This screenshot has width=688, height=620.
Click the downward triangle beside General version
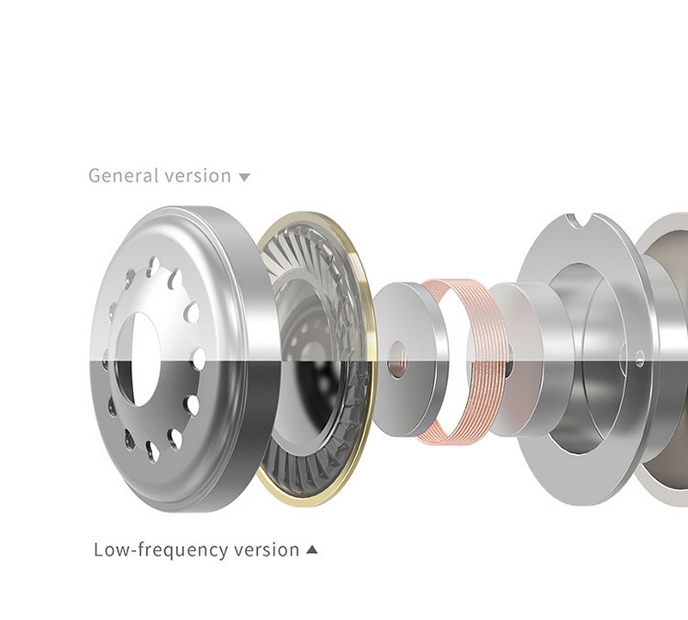coord(244,177)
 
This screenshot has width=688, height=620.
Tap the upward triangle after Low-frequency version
coord(311,549)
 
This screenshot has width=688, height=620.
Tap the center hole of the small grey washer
coord(397,359)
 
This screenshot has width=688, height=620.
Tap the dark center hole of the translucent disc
coord(507,365)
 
